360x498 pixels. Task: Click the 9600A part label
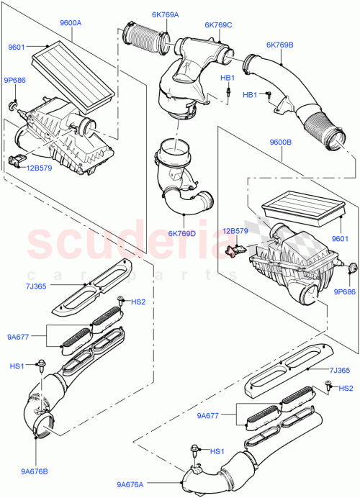click(x=71, y=23)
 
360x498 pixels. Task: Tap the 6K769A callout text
click(x=165, y=15)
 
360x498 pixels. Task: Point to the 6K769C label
click(x=217, y=25)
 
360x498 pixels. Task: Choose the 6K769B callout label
click(x=279, y=45)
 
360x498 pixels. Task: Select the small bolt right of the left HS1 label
click(x=41, y=367)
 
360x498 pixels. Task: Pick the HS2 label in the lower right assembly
click(x=346, y=389)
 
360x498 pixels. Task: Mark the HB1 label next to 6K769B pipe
click(x=250, y=94)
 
